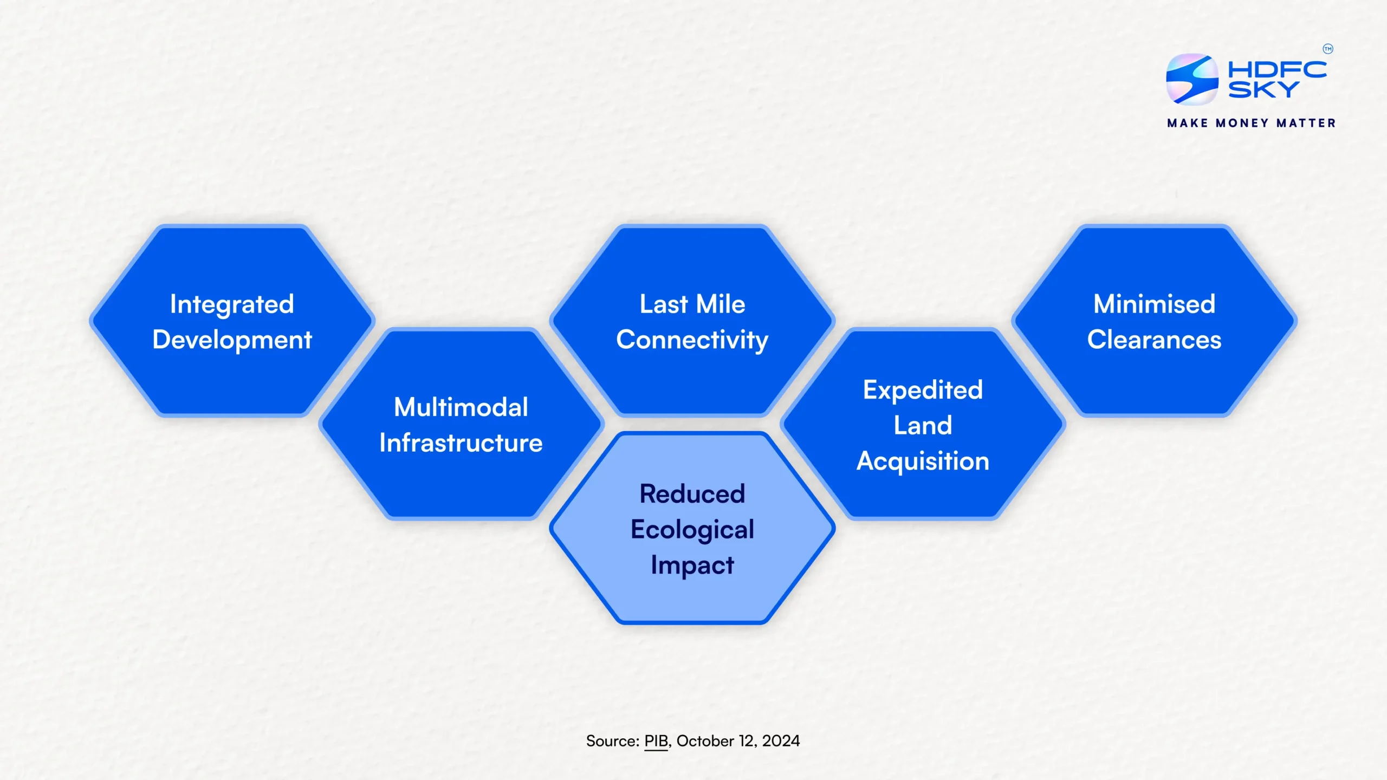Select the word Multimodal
pyautogui.click(x=461, y=407)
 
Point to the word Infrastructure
pyautogui.click(x=461, y=443)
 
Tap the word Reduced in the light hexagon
pyautogui.click(x=692, y=493)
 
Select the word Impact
pyautogui.click(x=692, y=565)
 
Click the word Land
pyautogui.click(x=923, y=425)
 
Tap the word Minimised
pyautogui.click(x=1154, y=304)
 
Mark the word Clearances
pyautogui.click(x=1154, y=340)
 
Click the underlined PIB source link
pyautogui.click(x=656, y=741)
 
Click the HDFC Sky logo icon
pyautogui.click(x=1192, y=79)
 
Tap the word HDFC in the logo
pyautogui.click(x=1277, y=69)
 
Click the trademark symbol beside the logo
pyautogui.click(x=1328, y=49)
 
